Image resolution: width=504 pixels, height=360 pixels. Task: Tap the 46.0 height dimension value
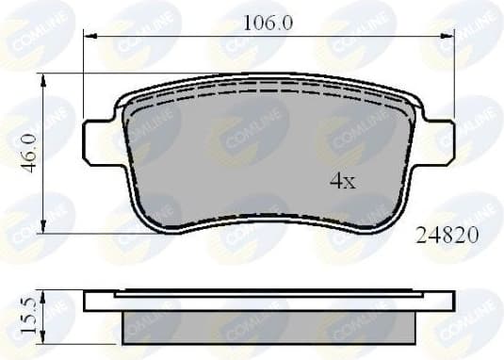(x=28, y=152)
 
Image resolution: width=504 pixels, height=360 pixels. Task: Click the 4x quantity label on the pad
(x=342, y=183)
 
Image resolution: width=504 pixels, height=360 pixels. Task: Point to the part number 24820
(x=447, y=237)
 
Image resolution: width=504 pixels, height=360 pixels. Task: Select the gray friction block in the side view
(x=268, y=326)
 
